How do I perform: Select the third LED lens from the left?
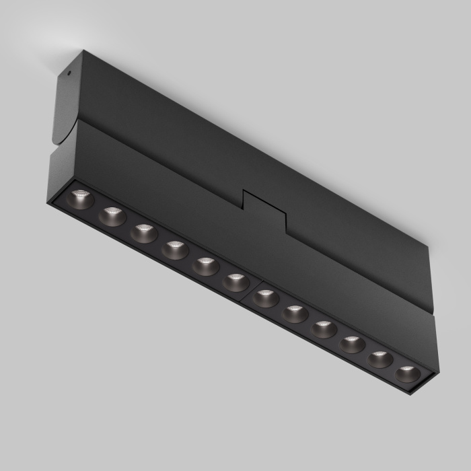(x=143, y=233)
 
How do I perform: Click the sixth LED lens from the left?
(x=235, y=282)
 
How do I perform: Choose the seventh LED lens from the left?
(x=266, y=298)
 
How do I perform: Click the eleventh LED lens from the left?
(x=380, y=359)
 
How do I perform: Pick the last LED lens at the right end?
(x=407, y=374)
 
